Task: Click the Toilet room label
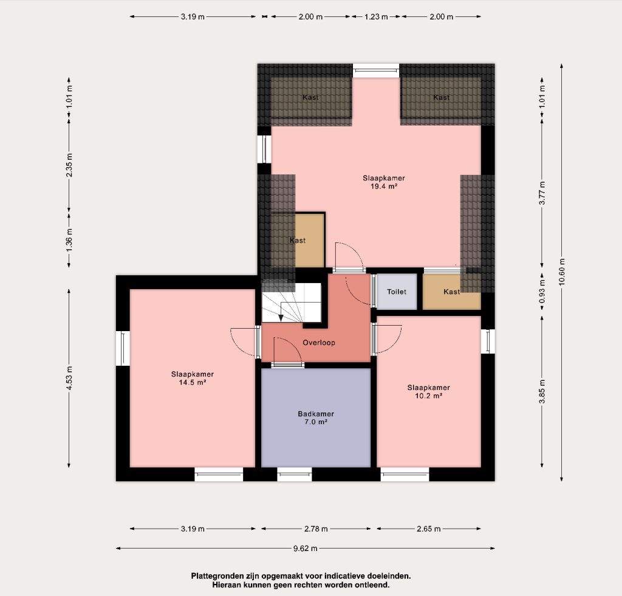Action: coord(397,292)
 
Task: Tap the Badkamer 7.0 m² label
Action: coord(316,418)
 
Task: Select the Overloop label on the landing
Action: coord(319,343)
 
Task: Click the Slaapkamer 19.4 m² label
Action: coord(384,182)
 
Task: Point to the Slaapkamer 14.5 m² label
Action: coord(193,378)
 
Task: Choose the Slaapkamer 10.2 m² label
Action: coord(428,392)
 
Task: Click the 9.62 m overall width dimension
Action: coord(305,549)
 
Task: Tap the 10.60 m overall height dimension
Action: coord(561,272)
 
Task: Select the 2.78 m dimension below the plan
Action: coord(316,529)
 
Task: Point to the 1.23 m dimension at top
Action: coord(376,16)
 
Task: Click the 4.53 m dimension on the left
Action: coord(69,378)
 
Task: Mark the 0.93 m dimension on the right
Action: coord(542,291)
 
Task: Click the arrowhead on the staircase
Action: coord(281,318)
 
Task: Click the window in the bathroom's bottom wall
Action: coord(295,474)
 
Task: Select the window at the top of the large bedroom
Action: coord(376,70)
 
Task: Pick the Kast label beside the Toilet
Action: coord(451,292)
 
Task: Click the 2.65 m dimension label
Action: coord(428,529)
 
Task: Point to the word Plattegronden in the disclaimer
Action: coord(217,576)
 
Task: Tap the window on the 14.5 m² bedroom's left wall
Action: coord(123,348)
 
